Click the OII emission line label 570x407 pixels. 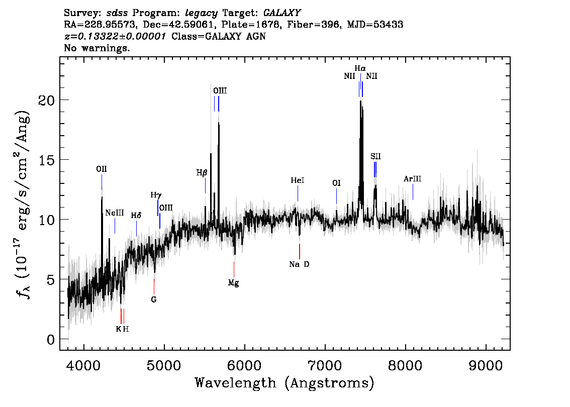(102, 169)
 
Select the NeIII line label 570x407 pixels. (115, 213)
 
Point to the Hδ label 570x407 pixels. (136, 216)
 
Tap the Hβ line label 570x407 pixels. (202, 173)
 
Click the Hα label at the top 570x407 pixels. (360, 68)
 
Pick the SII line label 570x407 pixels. (375, 156)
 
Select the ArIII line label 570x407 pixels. (412, 179)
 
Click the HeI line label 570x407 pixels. (298, 180)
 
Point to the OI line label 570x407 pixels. (337, 183)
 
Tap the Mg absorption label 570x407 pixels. (233, 283)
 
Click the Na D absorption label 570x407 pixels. (299, 264)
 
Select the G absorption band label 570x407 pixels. (154, 299)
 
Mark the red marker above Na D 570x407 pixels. (299, 251)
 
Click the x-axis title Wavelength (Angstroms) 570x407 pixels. (284, 383)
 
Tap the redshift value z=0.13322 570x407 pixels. (116, 37)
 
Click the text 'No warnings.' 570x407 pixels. (97, 49)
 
